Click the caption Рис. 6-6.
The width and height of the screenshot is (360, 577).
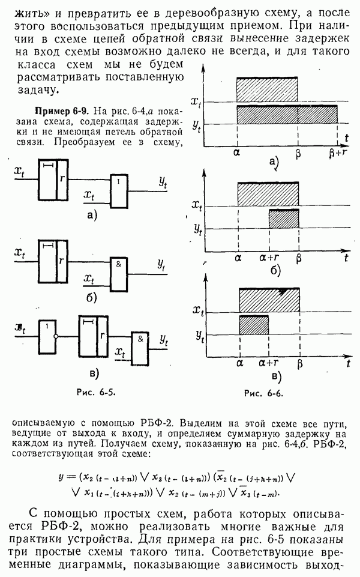[x=263, y=394]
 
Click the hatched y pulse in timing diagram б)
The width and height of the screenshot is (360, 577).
[x=284, y=219]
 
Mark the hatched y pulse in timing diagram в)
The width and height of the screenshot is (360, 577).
[x=254, y=325]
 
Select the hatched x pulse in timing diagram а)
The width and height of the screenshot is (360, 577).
[x=267, y=90]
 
